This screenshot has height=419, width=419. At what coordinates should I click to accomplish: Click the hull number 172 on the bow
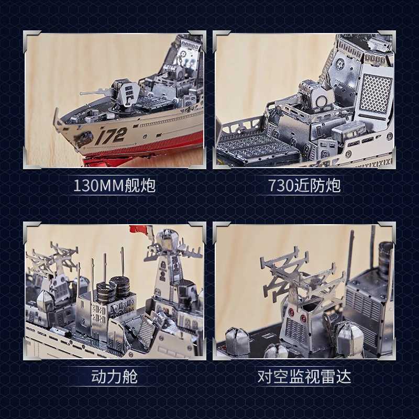point(111,136)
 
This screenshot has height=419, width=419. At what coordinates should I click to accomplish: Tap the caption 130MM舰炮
point(114,186)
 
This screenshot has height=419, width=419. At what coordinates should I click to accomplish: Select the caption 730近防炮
point(304,186)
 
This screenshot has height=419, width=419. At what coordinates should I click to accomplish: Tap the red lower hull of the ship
point(157,147)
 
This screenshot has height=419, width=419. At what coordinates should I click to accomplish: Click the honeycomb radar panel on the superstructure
point(375,93)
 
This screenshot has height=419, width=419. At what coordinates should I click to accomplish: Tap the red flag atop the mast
point(138,229)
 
